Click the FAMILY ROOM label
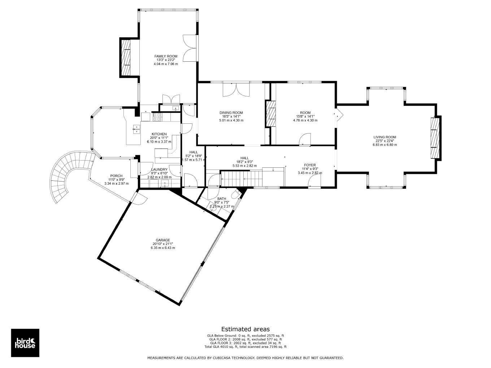tap(166, 56)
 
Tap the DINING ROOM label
tap(231, 113)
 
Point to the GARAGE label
tap(163, 240)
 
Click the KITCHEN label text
tap(159, 134)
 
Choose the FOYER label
tap(310, 165)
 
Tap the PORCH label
tap(116, 176)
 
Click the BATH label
tap(222, 199)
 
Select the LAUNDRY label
tap(159, 170)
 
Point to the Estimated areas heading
tap(245, 329)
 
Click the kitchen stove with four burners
tap(157, 117)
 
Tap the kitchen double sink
tap(136, 129)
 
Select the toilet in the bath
tap(235, 194)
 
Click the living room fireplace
tap(435, 138)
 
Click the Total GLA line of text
tap(245, 347)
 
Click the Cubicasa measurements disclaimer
tap(245, 358)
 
